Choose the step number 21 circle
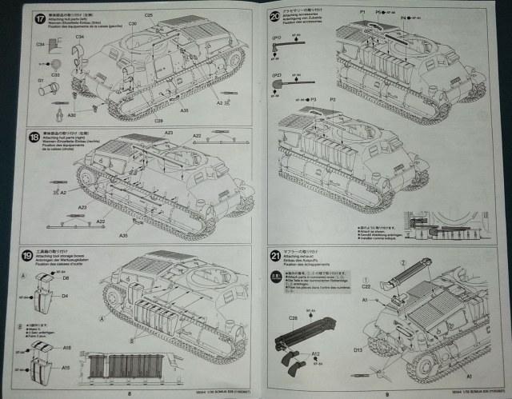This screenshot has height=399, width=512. [274, 256]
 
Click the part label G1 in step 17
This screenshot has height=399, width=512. [41, 80]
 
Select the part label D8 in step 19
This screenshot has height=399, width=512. [66, 279]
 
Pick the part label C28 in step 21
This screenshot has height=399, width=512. [294, 318]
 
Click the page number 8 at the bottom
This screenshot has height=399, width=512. [128, 392]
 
